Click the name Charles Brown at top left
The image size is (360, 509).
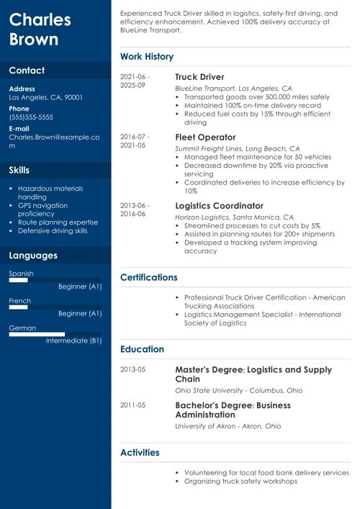[40, 30]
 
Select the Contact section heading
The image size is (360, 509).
[27, 71]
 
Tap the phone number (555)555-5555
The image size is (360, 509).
[31, 117]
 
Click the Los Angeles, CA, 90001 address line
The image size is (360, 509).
[45, 97]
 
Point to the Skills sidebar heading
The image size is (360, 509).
[19, 171]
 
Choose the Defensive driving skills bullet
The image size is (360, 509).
[53, 231]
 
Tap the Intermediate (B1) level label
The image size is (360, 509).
[74, 341]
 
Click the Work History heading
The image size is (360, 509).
[147, 57]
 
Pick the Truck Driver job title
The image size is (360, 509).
[199, 77]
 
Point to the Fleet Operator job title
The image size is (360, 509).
[205, 138]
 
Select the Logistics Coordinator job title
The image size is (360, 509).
[220, 206]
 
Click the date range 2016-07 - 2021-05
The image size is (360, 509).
[135, 140]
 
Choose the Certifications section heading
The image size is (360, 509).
[149, 277]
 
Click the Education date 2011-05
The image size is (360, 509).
[132, 405]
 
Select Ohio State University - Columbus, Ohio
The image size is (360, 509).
[239, 390]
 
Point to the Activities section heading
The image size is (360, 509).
[140, 452]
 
